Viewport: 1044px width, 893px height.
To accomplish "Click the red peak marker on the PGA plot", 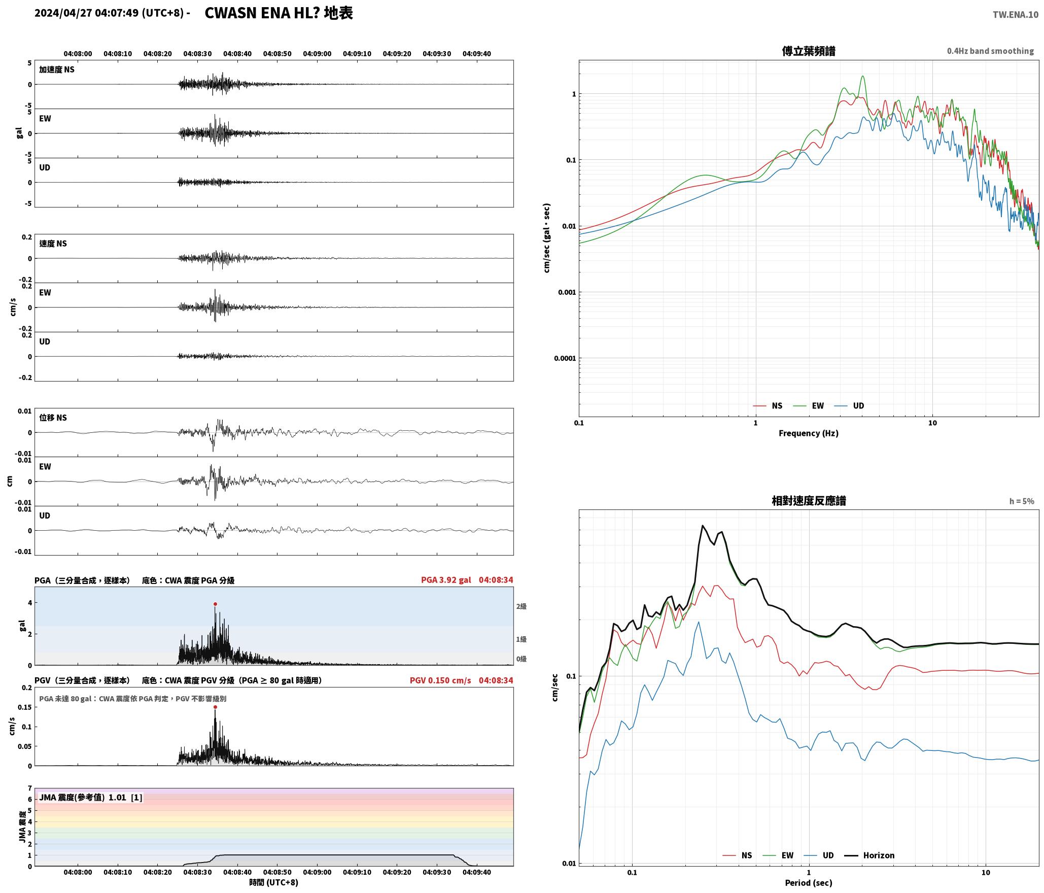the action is (215, 604).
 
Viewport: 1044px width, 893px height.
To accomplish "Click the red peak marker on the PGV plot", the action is (215, 707).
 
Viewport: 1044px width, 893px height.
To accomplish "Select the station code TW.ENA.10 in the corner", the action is (1016, 15).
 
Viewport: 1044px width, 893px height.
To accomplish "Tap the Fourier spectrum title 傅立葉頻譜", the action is (809, 51).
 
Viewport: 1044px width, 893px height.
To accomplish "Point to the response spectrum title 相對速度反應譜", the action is (809, 501).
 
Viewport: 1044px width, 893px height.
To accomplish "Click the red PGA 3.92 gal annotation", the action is (446, 579).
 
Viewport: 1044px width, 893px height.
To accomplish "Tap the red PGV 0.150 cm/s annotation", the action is (440, 680).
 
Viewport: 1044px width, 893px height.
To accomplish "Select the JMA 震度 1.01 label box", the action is (91, 797).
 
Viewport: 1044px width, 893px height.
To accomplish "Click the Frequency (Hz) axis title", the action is (809, 433).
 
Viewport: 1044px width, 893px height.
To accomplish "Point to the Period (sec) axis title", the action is (809, 882).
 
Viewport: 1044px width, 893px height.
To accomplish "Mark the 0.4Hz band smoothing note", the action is (990, 51).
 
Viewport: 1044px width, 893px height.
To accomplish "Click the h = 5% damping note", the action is (1022, 501).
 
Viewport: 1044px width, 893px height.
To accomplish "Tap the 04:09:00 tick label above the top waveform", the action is (317, 53).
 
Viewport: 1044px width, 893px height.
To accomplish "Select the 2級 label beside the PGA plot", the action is (521, 606).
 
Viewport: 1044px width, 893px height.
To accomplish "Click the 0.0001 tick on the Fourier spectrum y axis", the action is (565, 358).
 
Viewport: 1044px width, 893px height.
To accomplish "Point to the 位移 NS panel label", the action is (53, 418).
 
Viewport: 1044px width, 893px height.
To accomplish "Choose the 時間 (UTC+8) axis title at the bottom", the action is (274, 882).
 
